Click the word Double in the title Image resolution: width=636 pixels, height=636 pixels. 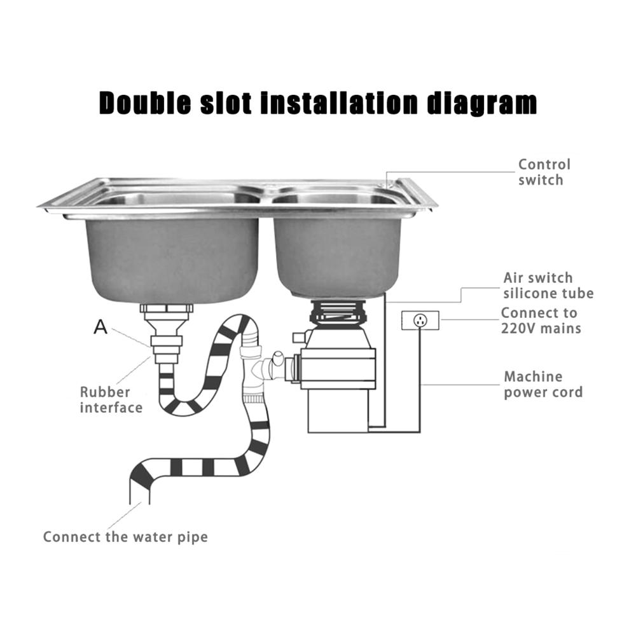click(145, 102)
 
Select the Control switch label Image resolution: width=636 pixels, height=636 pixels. click(544, 172)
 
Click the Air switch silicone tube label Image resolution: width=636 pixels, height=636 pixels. click(548, 286)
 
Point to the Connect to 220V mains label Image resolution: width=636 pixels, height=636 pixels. click(541, 321)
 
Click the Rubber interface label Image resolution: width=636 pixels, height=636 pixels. click(111, 400)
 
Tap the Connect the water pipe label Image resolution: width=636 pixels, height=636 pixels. click(125, 537)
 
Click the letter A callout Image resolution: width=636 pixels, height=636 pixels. click(100, 326)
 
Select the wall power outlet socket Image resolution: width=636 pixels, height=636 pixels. click(420, 321)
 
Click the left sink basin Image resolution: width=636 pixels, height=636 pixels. click(172, 259)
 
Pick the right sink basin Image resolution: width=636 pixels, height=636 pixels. click(338, 256)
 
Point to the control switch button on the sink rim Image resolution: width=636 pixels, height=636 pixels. click(386, 185)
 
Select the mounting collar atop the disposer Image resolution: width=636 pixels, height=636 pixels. click(339, 312)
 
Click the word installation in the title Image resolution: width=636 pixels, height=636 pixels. click(339, 102)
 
